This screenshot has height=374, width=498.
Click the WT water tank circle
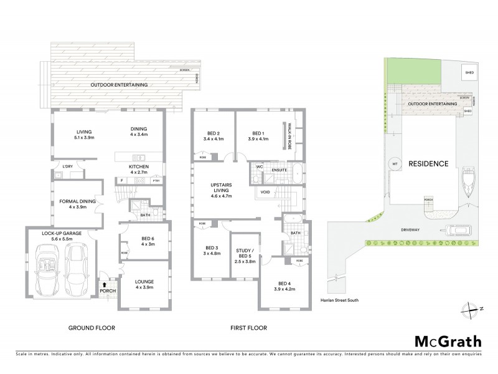(x=393, y=164)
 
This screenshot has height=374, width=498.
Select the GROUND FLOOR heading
(x=92, y=327)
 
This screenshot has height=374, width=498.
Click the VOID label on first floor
(x=265, y=192)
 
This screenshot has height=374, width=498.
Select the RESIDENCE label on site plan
(x=428, y=164)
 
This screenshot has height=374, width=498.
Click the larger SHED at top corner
(x=468, y=72)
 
